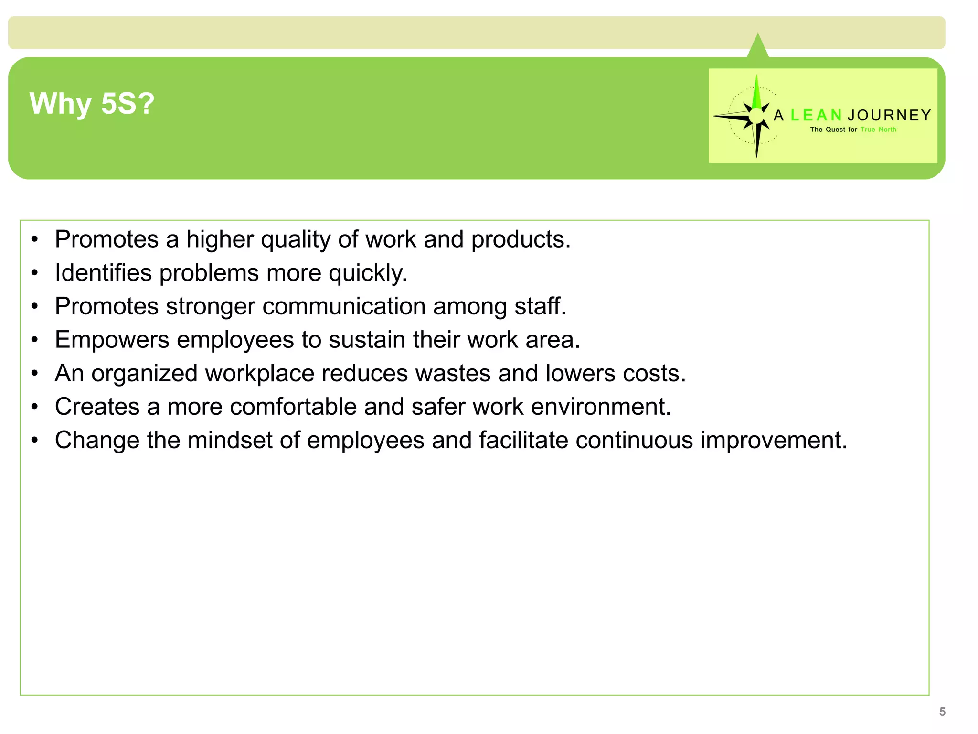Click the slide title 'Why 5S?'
point(92,103)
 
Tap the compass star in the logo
point(756,116)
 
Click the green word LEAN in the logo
point(816,115)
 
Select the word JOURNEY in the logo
point(889,115)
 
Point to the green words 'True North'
point(878,130)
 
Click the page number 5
point(942,712)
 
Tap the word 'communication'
point(344,306)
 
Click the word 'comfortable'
point(293,407)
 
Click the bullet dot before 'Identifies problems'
point(34,273)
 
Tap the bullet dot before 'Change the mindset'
point(34,440)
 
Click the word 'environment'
point(600,407)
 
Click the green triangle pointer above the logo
point(758,47)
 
